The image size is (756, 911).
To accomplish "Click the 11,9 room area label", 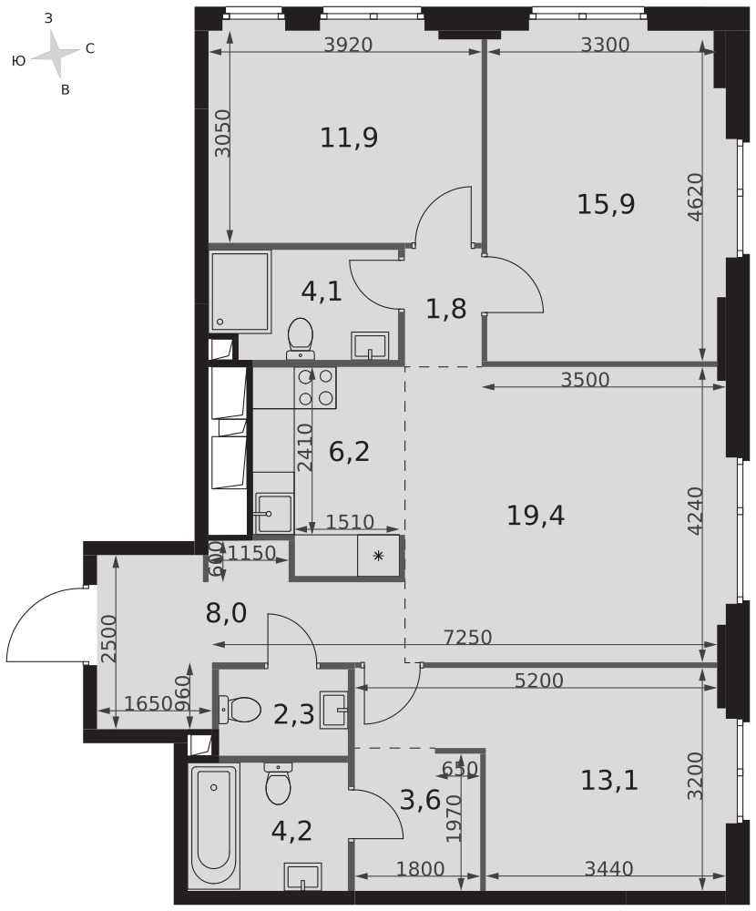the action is (x=349, y=138).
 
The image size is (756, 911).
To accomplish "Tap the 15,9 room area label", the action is (x=606, y=204).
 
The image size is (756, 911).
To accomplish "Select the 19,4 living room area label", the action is (x=536, y=516).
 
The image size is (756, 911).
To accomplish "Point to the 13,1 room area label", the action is (x=609, y=781).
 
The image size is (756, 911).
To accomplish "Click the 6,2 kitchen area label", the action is (x=349, y=452).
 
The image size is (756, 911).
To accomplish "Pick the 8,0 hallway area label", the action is (x=227, y=613).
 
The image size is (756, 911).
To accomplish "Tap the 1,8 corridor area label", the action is (x=446, y=309).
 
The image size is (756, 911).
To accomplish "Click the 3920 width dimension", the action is (x=348, y=45).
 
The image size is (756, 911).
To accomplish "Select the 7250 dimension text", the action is (x=468, y=638).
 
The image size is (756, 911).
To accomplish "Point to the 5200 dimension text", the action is (x=539, y=681).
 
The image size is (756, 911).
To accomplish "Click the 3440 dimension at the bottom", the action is (x=608, y=869).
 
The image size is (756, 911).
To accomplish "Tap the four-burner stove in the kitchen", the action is (x=316, y=387).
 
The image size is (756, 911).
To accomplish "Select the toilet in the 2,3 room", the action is (x=240, y=710).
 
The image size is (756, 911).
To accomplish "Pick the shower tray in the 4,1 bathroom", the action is (x=240, y=292).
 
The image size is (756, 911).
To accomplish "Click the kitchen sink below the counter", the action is (x=273, y=513).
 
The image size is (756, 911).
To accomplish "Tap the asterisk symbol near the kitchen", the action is (x=378, y=557).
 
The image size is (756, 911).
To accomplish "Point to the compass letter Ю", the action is (x=18, y=60).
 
